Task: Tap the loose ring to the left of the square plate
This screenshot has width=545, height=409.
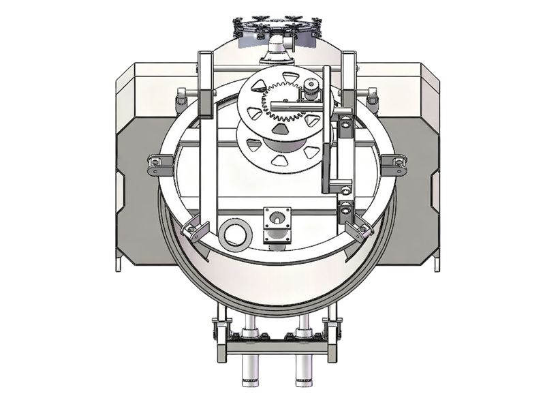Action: point(233,233)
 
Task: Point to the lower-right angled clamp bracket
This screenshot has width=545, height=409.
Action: point(358,229)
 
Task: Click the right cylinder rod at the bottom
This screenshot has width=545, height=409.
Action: point(304,365)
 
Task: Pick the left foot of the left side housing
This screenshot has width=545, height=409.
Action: point(119,262)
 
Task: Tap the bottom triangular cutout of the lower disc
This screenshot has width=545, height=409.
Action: point(279,160)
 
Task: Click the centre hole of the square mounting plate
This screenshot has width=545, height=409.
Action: point(277,219)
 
